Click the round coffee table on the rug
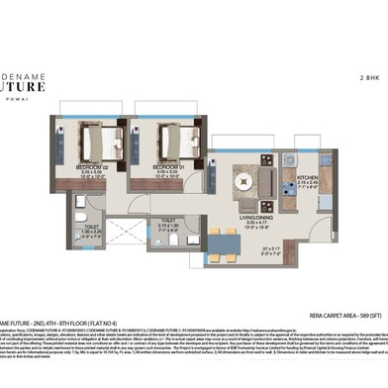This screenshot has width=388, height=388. click(242, 179)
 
